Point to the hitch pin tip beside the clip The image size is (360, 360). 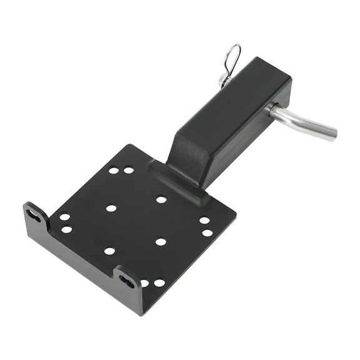point(223,80)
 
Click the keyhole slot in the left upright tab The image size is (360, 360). point(34,216)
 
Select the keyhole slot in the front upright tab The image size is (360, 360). point(127,281)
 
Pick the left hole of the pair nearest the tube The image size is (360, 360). point(114,170)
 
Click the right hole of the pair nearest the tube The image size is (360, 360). point(128,170)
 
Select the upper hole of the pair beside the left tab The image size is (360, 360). point(64,217)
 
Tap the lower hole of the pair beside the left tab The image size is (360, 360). point(66,229)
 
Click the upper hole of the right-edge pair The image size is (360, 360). point(204,220)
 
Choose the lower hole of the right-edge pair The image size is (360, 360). point(207,232)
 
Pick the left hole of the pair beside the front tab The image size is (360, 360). point(144,282)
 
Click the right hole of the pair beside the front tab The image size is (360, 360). point(159,282)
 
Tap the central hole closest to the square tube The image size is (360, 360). point(161,199)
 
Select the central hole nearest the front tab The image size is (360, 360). point(161,241)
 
